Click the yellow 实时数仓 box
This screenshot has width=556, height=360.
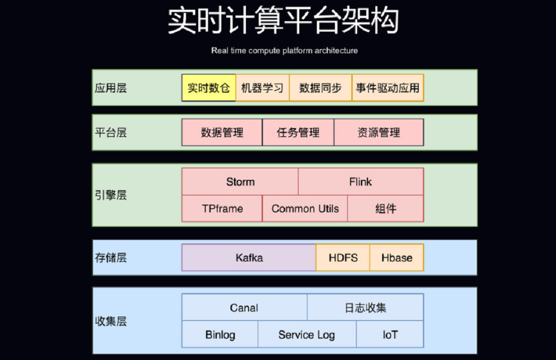(209, 88)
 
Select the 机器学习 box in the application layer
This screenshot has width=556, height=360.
(262, 88)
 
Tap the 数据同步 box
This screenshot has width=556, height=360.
(320, 88)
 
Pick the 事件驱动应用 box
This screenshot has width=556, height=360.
(388, 88)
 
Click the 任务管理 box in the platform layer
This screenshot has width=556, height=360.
(298, 132)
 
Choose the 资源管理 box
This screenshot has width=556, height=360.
(379, 132)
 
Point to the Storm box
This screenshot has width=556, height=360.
(240, 182)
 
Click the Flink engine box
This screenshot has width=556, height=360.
(361, 182)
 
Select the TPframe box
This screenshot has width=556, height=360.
(222, 209)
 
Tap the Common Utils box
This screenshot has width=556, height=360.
(305, 209)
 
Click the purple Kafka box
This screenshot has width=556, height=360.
(249, 257)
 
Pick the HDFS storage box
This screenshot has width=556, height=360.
(343, 257)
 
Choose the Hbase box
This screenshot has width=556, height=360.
(397, 257)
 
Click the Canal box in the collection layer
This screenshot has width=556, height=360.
(244, 307)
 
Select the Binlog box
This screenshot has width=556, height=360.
(220, 334)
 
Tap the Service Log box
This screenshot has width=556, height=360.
(307, 334)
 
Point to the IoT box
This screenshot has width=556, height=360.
(390, 334)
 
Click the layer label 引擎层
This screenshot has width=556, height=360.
(111, 195)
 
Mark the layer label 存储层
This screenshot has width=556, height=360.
(111, 257)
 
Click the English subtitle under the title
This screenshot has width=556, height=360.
(284, 50)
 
